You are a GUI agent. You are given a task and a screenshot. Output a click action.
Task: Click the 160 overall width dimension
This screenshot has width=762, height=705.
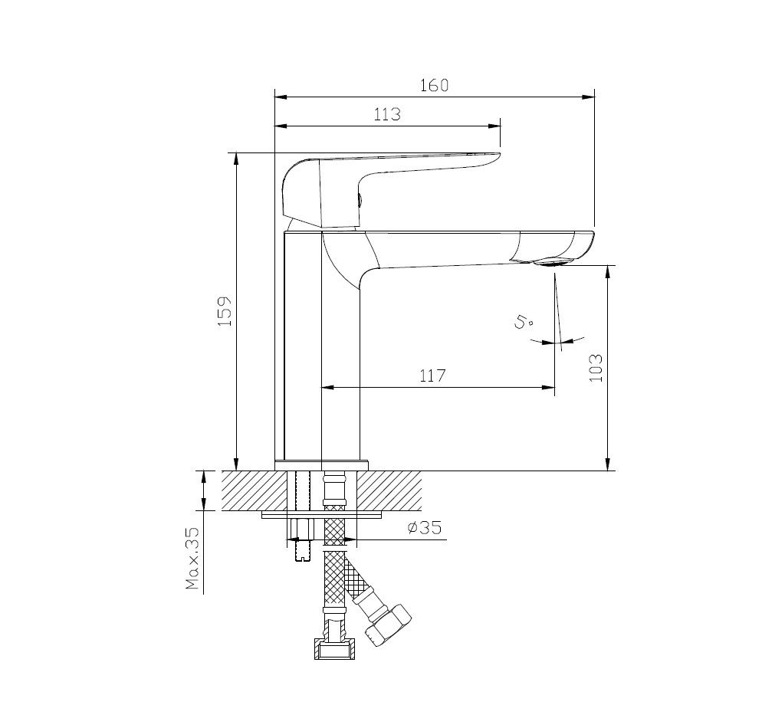click(434, 86)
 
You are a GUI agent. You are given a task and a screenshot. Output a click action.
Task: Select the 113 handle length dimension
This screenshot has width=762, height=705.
click(387, 114)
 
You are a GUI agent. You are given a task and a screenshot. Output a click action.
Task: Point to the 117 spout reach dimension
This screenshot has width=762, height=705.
click(432, 375)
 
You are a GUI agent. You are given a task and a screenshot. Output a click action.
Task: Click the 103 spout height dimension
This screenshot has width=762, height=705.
click(596, 368)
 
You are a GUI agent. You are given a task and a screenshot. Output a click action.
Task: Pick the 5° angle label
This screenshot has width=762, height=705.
click(523, 322)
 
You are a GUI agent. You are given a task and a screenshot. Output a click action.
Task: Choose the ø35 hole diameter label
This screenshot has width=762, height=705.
click(425, 527)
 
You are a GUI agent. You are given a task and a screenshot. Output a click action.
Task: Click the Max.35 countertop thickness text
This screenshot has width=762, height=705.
click(193, 559)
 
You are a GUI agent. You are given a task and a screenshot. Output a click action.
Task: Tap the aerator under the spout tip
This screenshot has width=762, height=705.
click(552, 263)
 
